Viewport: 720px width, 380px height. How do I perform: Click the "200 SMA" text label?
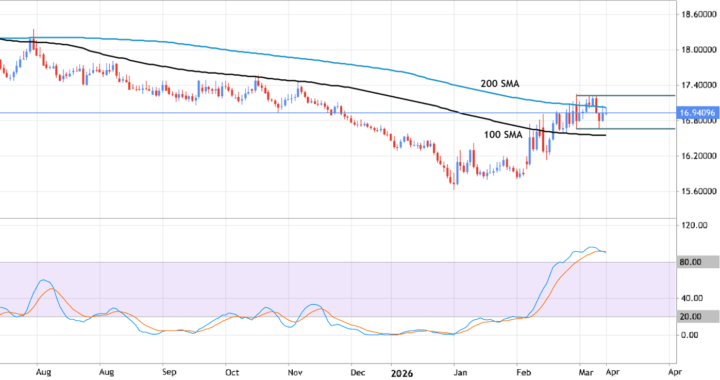[x=499, y=83]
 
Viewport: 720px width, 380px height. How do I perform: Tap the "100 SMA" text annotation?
[x=503, y=135]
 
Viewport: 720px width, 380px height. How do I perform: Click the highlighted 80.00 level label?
[x=691, y=262]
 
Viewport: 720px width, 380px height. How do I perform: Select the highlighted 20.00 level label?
[x=691, y=317]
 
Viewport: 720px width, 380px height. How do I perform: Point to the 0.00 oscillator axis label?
[x=691, y=335]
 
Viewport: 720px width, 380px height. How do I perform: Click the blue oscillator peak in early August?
[x=44, y=280]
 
